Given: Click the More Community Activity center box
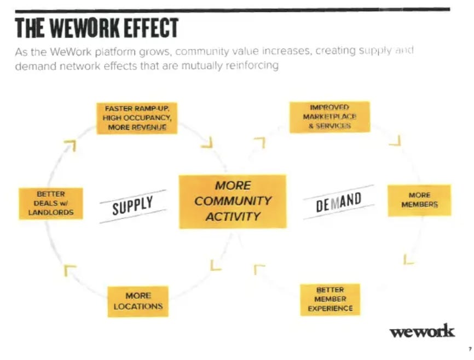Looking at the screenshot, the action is click(233, 201).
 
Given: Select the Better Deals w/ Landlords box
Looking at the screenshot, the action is click(50, 204).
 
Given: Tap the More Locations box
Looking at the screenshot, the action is click(138, 301).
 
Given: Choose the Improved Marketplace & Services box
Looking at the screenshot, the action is click(329, 117).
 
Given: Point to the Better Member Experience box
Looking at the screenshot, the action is click(330, 299).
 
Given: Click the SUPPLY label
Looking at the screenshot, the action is click(132, 206).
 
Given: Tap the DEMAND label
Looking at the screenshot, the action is click(339, 202).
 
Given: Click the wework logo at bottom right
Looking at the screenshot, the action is click(421, 332).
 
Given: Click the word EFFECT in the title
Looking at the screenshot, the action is click(154, 28).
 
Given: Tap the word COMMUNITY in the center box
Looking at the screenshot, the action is click(233, 201).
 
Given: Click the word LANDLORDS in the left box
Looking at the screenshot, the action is click(50, 213).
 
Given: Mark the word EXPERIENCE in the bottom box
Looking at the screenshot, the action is click(330, 309).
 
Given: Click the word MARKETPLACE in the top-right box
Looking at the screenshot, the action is click(329, 117).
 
